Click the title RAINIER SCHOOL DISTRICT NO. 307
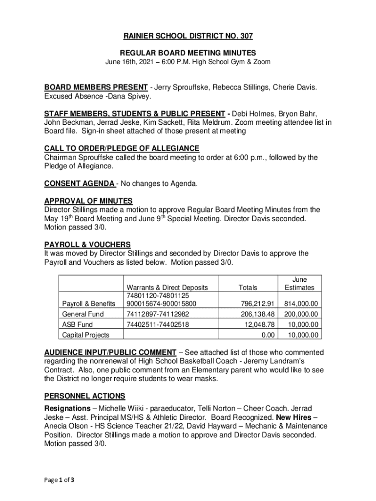[188, 36]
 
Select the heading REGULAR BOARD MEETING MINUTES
[188, 53]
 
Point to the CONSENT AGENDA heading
[80, 183]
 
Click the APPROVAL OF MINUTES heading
[88, 201]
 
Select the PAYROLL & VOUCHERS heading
[87, 244]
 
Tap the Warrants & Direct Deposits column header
[167, 288]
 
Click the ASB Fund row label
[78, 324]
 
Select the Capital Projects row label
[85, 335]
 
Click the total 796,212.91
[259, 303]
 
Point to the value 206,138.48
[259, 314]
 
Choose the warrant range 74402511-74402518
[158, 324]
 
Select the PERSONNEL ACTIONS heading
[84, 396]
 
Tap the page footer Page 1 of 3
[59, 479]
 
